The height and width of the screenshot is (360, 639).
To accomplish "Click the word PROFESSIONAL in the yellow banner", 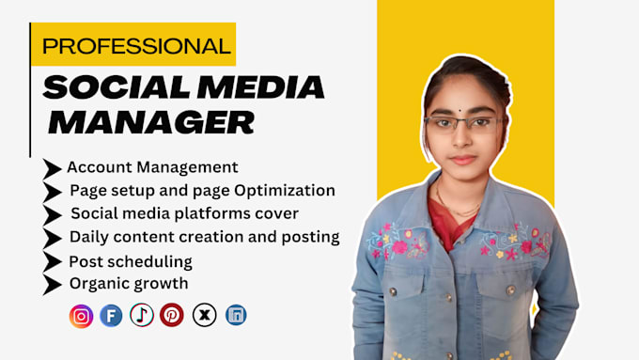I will tap(136, 45).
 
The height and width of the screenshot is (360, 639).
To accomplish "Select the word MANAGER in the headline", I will tap(151, 121).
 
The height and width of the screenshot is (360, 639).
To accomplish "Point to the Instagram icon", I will tap(82, 316).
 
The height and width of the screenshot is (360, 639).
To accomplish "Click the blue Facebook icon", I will tap(112, 316).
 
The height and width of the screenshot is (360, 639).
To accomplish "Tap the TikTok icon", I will tap(142, 316).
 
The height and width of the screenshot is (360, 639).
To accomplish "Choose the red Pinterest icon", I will tap(172, 316).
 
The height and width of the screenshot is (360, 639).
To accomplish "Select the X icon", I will tap(204, 316).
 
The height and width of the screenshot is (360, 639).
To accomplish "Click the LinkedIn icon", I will tap(235, 316).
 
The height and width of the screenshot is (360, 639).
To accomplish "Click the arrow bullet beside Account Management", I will tap(53, 169).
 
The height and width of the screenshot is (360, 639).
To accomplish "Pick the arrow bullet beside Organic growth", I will tap(53, 284).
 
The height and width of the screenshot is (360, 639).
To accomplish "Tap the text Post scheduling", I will tap(131, 261).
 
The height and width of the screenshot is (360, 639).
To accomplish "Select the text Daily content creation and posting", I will tap(204, 237).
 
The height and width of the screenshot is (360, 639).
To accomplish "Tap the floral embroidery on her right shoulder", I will tap(400, 246).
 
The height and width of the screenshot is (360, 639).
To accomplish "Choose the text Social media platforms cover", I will tap(184, 213).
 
